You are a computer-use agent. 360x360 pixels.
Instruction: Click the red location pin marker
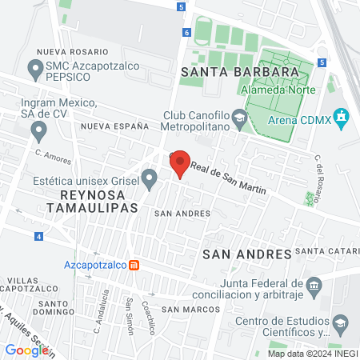coord(180,165)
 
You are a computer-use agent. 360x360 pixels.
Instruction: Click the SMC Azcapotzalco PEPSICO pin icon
coord(35,70)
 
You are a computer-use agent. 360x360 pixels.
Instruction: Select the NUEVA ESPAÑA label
coord(114,126)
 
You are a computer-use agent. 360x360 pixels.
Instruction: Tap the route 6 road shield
coord(186,33)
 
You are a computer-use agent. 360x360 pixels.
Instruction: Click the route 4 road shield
coord(38,236)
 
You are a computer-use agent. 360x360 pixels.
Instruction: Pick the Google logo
coord(26,350)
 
